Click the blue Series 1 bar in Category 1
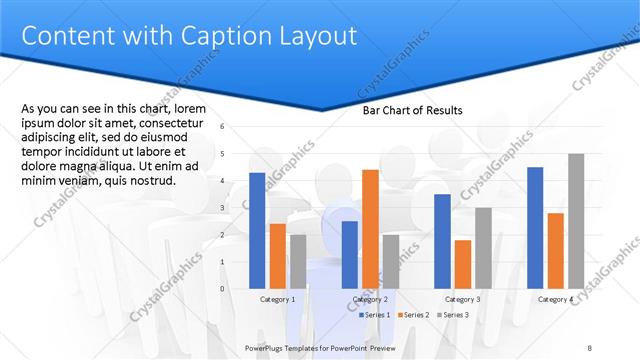pos(257,231)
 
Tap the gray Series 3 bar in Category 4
pos(576,221)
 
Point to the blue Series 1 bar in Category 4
pos(535,228)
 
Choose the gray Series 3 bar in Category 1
pos(298,262)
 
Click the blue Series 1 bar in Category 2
pos(349,255)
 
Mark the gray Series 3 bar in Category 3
pos(483,248)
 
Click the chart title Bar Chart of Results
pos(412,111)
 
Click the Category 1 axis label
pos(277,299)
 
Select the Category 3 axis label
pos(462,299)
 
